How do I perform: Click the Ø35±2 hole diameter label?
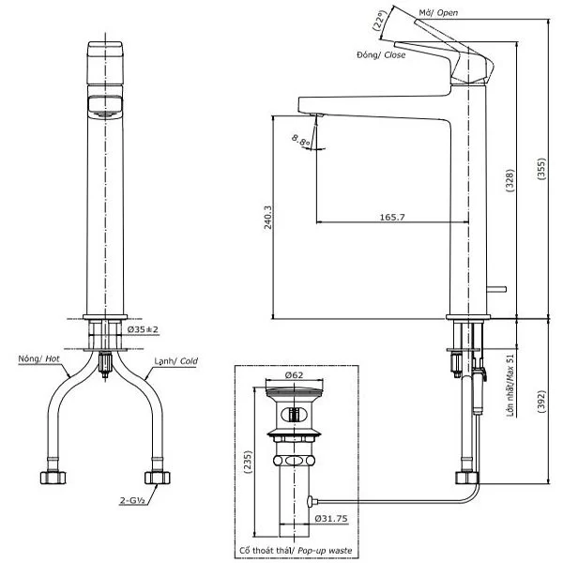(145, 329)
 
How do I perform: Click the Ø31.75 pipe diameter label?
(331, 515)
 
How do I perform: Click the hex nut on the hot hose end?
(53, 477)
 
